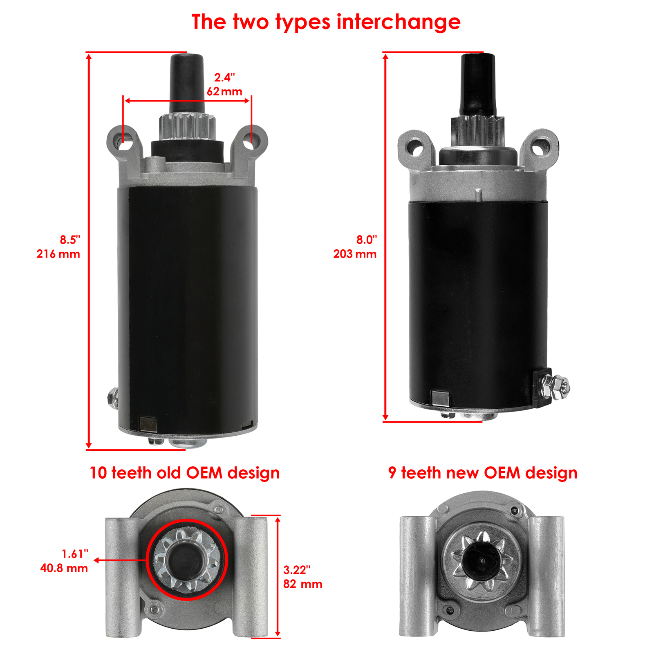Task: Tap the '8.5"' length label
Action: click(x=70, y=240)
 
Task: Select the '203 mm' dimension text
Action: click(x=354, y=254)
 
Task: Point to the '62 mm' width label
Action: click(x=224, y=92)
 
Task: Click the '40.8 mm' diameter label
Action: click(x=64, y=568)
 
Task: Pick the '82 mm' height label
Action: click(x=302, y=584)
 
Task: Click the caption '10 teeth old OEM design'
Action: click(x=185, y=473)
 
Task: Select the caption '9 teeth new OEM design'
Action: click(x=483, y=473)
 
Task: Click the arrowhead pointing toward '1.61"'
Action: click(x=97, y=561)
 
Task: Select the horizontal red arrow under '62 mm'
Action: click(x=187, y=101)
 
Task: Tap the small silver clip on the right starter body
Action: click(x=440, y=397)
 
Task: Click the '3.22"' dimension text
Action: click(x=297, y=570)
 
